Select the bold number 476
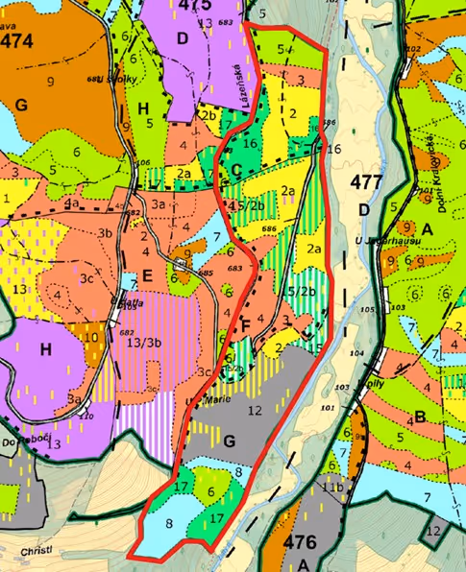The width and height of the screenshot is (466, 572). tap(301, 542)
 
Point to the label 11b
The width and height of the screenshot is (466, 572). tap(332, 489)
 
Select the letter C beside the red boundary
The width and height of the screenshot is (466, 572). tap(235, 171)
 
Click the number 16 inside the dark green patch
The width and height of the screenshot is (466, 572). tap(250, 143)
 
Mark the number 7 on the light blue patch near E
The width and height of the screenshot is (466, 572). tap(217, 235)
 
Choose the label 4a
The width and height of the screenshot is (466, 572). tap(71, 203)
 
